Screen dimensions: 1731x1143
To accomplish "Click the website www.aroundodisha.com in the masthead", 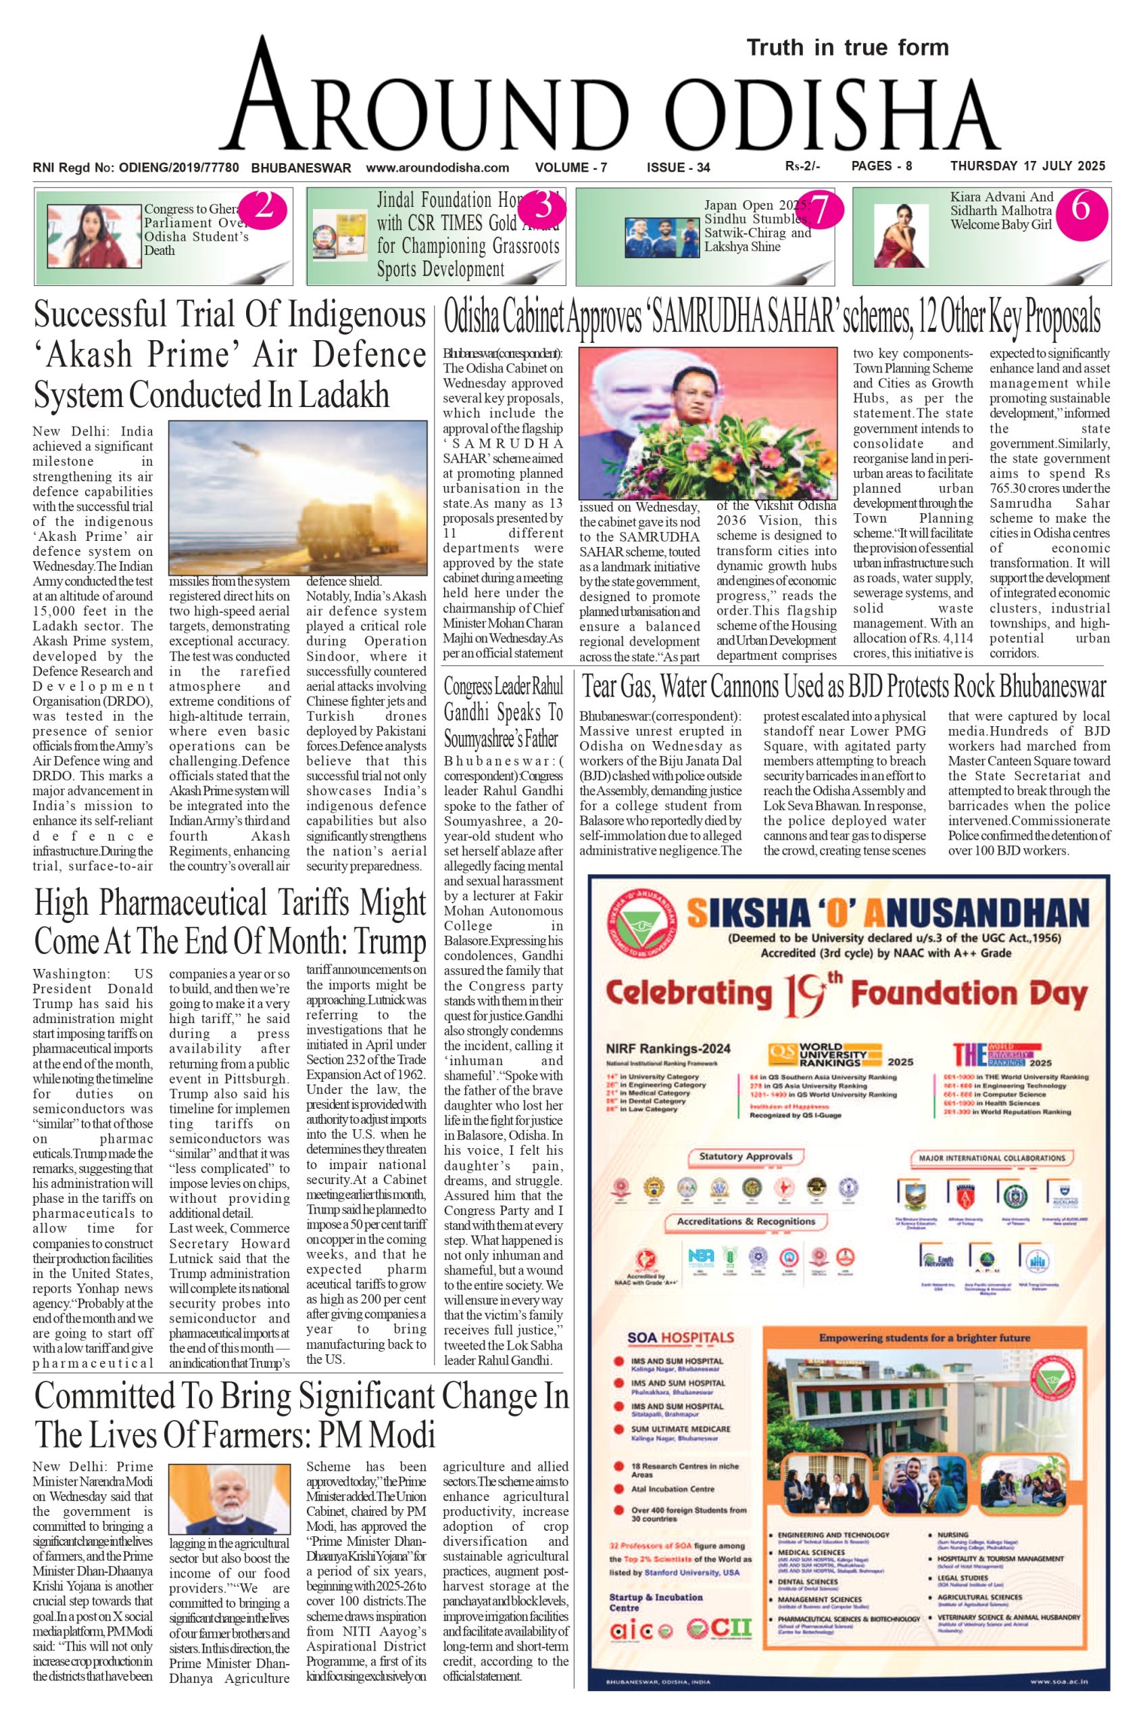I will pos(437,167).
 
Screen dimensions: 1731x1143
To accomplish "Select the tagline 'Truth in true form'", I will pos(848,48).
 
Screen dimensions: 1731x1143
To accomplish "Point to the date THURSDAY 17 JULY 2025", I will pos(1028,166).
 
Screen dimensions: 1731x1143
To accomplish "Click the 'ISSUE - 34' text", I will pos(678,167).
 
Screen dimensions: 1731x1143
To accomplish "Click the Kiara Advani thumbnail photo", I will pos(901,235).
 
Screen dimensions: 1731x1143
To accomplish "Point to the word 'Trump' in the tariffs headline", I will pos(389,941).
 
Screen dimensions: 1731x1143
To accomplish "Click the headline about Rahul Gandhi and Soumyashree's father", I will pos(503,713).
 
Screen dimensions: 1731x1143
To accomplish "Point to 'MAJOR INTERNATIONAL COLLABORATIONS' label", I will pos(991,1157).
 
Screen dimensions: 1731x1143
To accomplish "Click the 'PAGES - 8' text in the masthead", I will pos(881,166).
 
